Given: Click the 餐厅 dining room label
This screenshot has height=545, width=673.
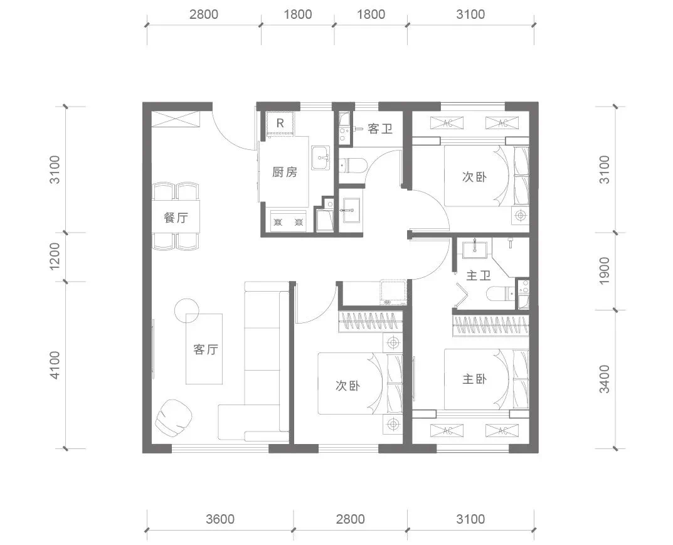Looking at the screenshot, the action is coord(176,217).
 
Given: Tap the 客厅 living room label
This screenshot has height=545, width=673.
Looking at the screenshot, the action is coord(206,349).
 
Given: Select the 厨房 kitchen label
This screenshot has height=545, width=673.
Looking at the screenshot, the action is coord(285,172).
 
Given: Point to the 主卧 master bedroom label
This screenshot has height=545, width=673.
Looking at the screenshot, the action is coord(474,379).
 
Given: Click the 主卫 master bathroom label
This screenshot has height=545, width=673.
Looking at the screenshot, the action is coord(478,275).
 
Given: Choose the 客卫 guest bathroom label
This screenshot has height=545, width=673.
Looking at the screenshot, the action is coord(380,129).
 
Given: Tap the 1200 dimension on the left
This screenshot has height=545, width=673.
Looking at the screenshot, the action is coord(55,256).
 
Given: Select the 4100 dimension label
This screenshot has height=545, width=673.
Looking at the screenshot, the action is coord(55,365).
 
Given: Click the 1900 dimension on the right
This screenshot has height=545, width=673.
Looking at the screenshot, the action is coord(604,270).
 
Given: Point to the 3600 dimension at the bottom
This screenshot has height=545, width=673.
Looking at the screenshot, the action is coord(220,519).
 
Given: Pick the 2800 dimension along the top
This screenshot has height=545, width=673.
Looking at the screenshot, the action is coord(204,14).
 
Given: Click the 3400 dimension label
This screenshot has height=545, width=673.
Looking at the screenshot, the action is coord(604,379).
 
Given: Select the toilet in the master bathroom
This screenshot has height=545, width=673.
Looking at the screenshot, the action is coord(502,294).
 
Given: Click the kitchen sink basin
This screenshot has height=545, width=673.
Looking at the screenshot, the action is coord(321,158).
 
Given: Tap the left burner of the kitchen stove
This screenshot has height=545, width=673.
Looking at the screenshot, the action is coord(278,222).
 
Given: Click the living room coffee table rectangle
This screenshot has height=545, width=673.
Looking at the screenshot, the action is coord(204,349).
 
